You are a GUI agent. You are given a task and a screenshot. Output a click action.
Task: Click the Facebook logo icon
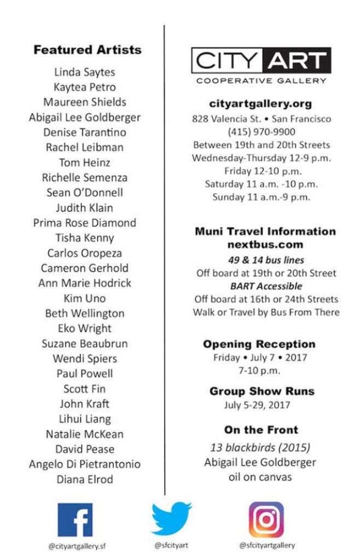click(x=75, y=520)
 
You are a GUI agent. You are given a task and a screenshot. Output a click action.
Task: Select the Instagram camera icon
click(x=266, y=519)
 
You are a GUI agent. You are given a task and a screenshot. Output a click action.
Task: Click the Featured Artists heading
click(x=88, y=50)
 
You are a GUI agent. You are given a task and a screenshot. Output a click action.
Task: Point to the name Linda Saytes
click(x=85, y=72)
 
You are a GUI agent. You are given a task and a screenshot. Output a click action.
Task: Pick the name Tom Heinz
click(x=85, y=163)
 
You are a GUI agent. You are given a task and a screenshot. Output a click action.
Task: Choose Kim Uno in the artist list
click(x=85, y=298)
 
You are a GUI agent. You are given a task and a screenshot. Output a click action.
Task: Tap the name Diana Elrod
click(x=85, y=480)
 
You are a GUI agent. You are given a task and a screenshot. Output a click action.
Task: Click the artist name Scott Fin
click(x=85, y=389)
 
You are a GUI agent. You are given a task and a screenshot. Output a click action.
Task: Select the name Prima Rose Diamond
click(x=85, y=223)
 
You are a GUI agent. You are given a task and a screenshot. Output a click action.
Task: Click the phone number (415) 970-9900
click(x=262, y=132)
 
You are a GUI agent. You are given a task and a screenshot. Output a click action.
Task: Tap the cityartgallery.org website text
click(x=260, y=103)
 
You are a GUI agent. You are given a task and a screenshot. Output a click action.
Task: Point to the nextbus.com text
click(x=265, y=245)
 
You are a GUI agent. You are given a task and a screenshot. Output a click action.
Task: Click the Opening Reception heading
click(x=259, y=344)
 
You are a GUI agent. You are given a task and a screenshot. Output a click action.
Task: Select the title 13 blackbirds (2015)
click(x=260, y=448)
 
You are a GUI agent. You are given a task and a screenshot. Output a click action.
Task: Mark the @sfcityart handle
click(x=171, y=545)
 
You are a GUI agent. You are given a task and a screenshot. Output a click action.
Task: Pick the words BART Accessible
click(x=266, y=286)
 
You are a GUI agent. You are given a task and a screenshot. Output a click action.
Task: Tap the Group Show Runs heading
click(x=262, y=391)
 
